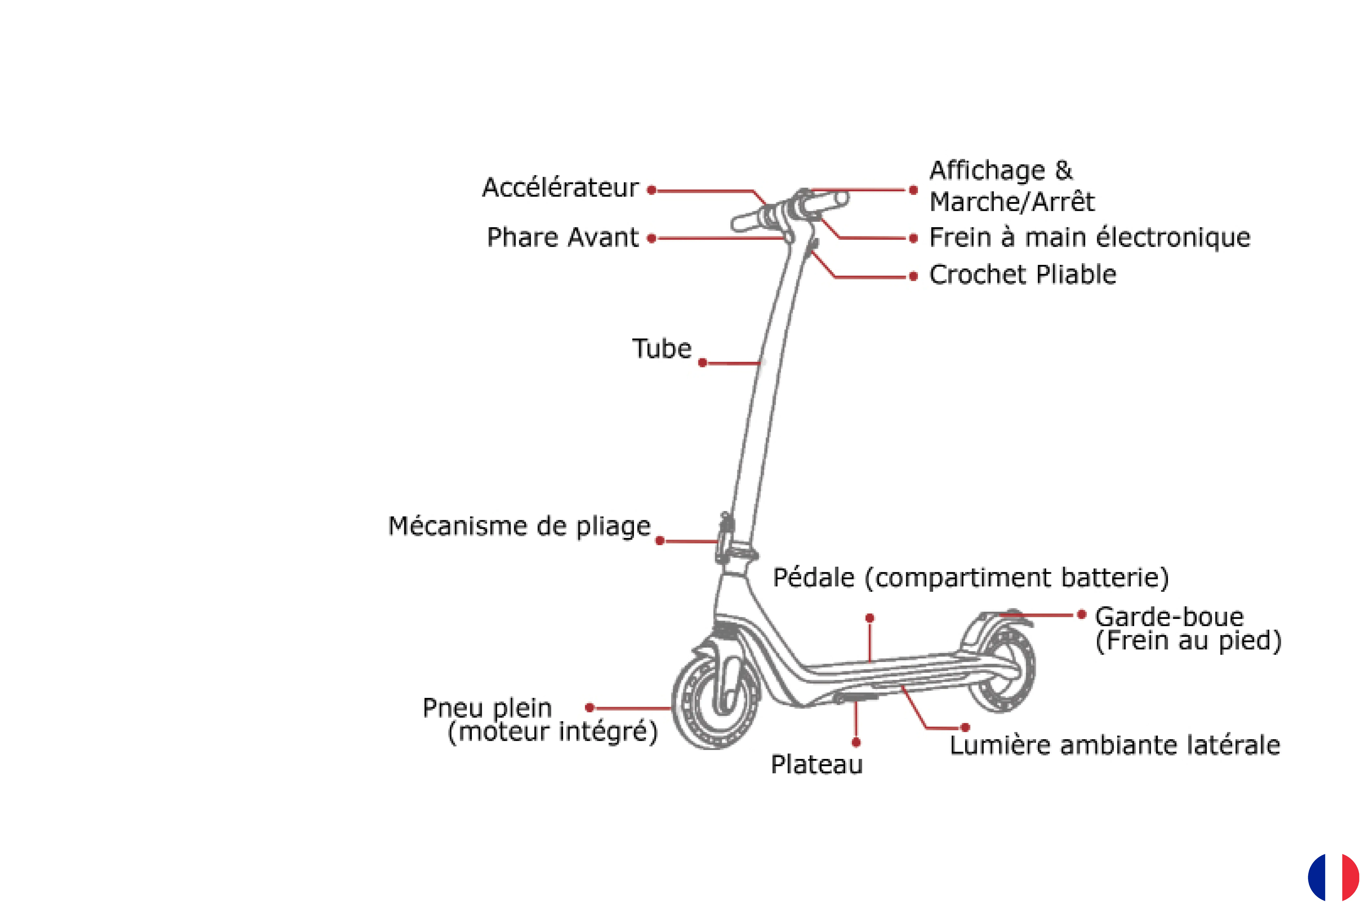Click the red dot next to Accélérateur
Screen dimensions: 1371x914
(x=652, y=190)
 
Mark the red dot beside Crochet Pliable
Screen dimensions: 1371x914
(x=913, y=276)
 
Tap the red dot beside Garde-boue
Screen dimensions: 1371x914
(x=1081, y=614)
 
